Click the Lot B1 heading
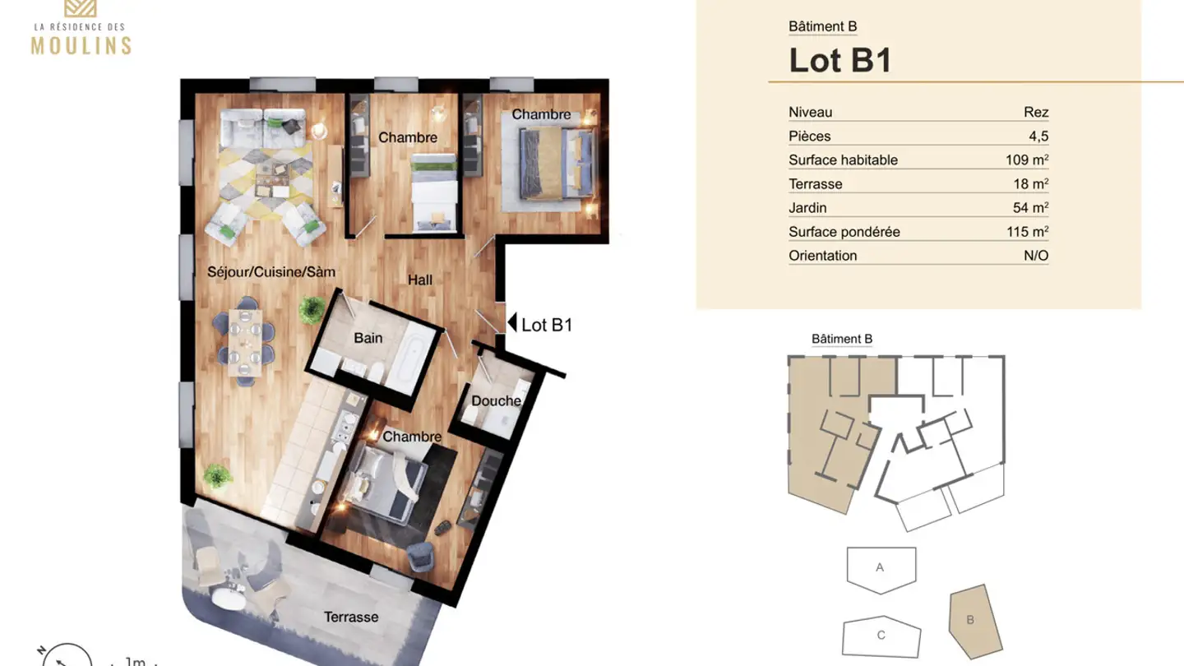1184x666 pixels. pos(839,61)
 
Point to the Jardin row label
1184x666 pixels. pos(807,208)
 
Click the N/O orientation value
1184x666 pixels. pos(1035,256)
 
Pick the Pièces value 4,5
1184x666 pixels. pos(1038,136)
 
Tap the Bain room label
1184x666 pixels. pos(368,338)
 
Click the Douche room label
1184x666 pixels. pos(496,401)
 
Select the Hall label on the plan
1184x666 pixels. pos(419,280)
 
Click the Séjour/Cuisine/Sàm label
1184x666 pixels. pos(271,271)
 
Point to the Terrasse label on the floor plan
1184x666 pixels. pos(350,617)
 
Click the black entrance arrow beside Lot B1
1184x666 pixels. pos(511,324)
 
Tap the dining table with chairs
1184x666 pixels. pos(244,344)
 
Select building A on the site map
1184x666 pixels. pos(881,568)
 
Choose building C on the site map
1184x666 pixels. pos(881,636)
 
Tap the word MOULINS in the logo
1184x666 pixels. pos(81,46)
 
